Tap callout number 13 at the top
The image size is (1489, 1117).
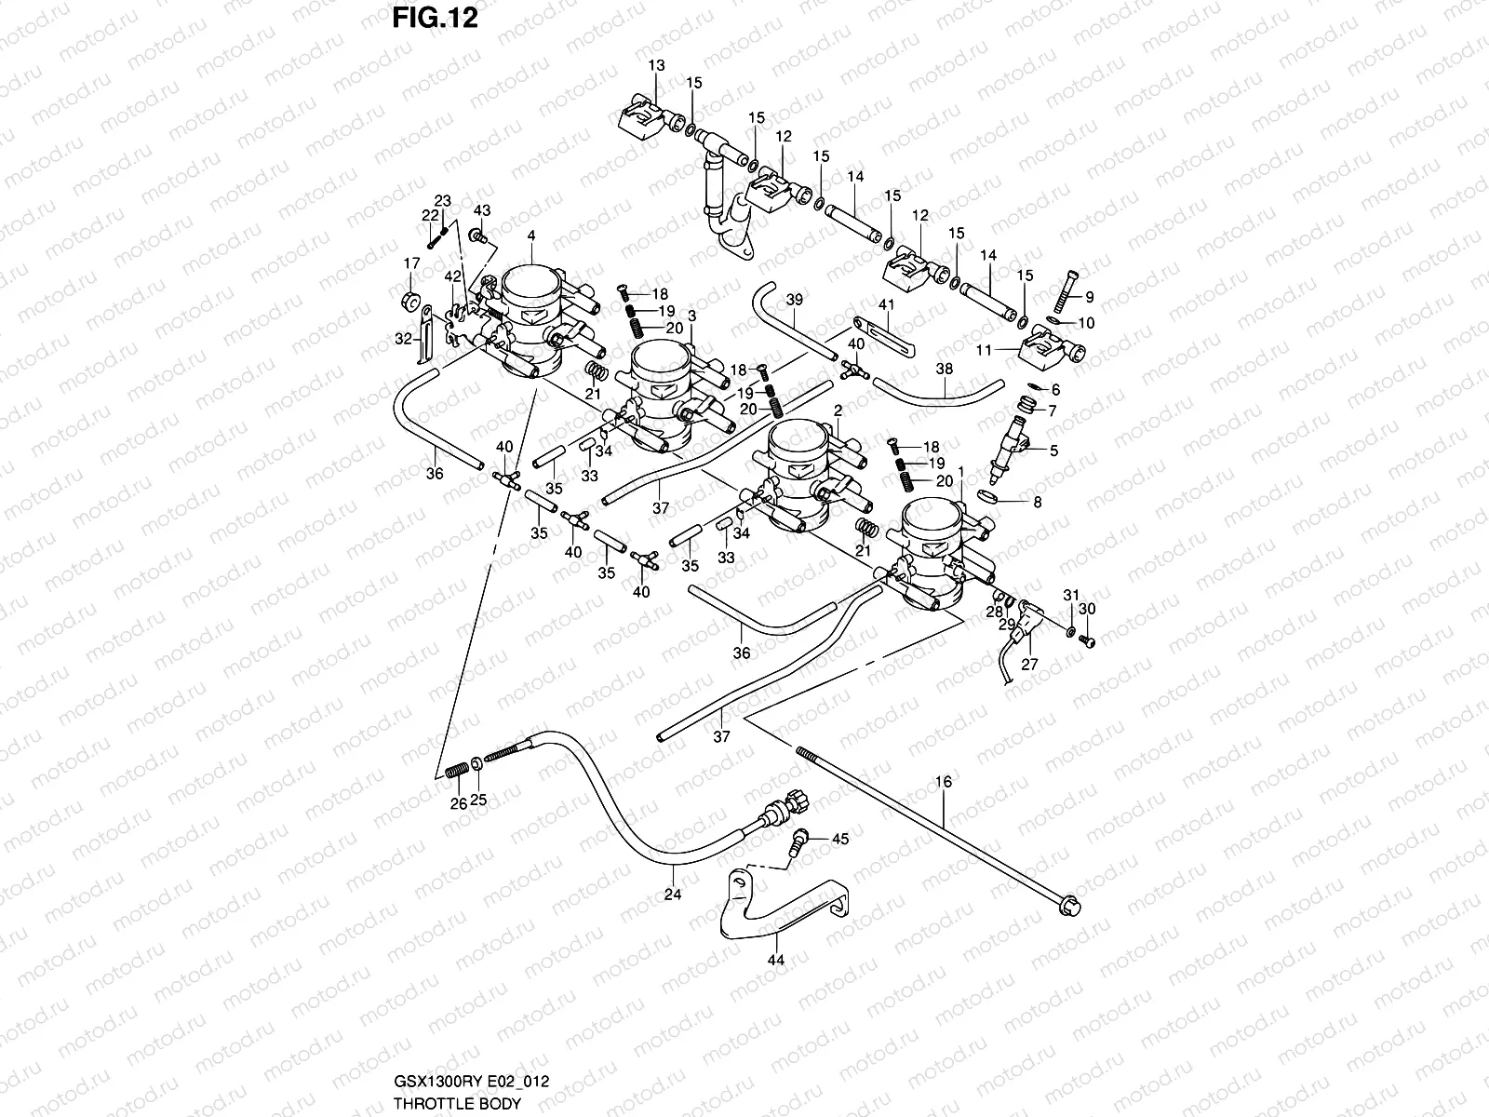(x=657, y=65)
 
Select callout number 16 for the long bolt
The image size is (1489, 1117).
(x=945, y=782)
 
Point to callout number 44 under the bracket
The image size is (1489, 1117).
(x=775, y=960)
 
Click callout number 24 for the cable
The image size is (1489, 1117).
(x=673, y=895)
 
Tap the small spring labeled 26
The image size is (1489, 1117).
(x=457, y=772)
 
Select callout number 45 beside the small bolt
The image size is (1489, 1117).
(x=840, y=839)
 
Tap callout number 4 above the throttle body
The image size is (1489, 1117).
(x=531, y=236)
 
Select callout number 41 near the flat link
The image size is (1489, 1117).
(x=885, y=304)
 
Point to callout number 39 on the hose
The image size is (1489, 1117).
(x=794, y=300)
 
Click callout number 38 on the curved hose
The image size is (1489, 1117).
(x=944, y=369)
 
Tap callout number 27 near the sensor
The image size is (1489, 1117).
(x=1029, y=665)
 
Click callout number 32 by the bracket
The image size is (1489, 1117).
(x=402, y=339)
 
